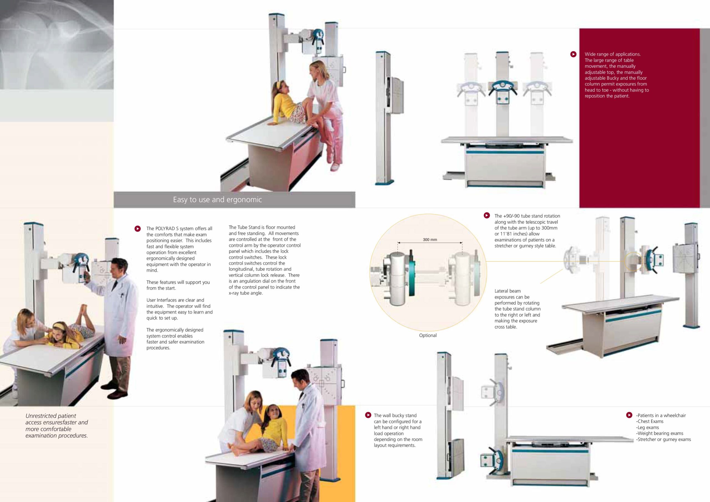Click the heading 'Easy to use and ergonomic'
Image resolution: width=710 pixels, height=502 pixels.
pyautogui.click(x=217, y=199)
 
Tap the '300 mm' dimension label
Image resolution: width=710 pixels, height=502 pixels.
pyautogui.click(x=430, y=240)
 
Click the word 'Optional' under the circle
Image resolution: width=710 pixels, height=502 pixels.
pyautogui.click(x=428, y=335)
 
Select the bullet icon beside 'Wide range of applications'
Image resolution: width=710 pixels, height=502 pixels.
pyautogui.click(x=573, y=54)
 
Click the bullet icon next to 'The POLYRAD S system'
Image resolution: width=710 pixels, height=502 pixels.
pyautogui.click(x=138, y=229)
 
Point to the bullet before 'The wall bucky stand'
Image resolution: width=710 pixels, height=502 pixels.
pyautogui.click(x=368, y=415)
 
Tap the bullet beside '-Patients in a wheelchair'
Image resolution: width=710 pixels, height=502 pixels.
pyautogui.click(x=629, y=415)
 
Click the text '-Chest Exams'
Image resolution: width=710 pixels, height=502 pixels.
pyautogui.click(x=650, y=421)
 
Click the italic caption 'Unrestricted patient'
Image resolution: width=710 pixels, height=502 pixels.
pyautogui.click(x=51, y=416)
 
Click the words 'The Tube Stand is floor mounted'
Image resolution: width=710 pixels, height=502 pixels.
pyautogui.click(x=262, y=227)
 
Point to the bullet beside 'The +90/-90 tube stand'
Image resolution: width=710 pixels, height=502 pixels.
pyautogui.click(x=487, y=215)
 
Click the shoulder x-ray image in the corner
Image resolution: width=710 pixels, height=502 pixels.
pyautogui.click(x=57, y=45)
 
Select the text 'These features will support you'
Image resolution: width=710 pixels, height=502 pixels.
pyautogui.click(x=178, y=282)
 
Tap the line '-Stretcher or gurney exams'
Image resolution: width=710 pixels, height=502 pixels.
pyautogui.click(x=663, y=439)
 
